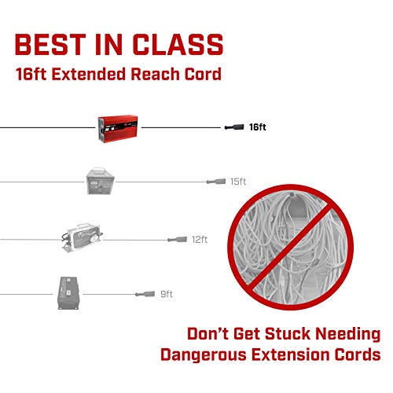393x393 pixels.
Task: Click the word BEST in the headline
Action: click(x=50, y=44)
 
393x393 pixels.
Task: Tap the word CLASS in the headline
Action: click(x=178, y=44)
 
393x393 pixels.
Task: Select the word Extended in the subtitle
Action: click(x=89, y=74)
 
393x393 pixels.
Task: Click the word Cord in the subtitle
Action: click(x=203, y=74)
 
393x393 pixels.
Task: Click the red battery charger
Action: click(x=118, y=129)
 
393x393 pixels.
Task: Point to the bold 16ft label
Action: click(x=258, y=127)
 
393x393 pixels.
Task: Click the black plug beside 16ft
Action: click(x=234, y=127)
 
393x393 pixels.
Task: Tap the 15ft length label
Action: click(x=238, y=182)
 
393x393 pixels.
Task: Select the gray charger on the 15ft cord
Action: click(x=101, y=181)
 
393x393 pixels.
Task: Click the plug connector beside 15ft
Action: click(x=216, y=182)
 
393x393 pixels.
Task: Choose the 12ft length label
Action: click(x=200, y=240)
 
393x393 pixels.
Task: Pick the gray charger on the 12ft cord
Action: click(x=82, y=237)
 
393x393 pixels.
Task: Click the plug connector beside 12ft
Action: click(x=177, y=239)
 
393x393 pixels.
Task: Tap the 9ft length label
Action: click(x=167, y=294)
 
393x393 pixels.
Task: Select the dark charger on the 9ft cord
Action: click(x=68, y=293)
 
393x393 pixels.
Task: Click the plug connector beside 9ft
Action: click(x=145, y=294)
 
